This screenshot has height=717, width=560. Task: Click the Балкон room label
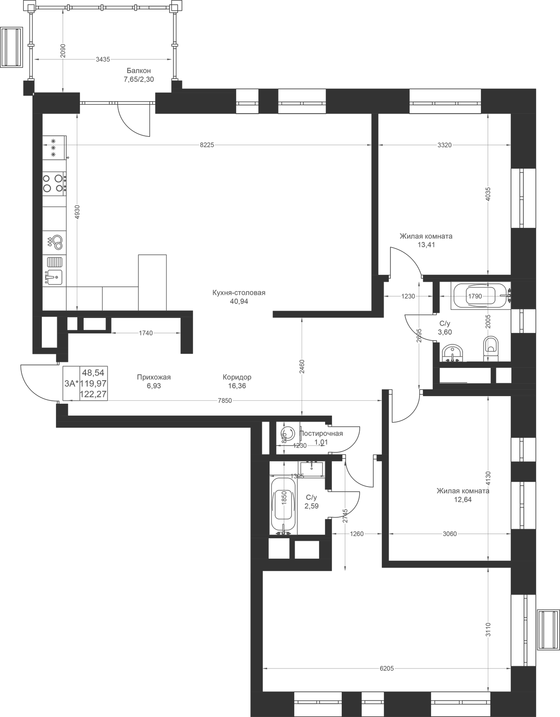point(139,71)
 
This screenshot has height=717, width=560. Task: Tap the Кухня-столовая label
point(239,293)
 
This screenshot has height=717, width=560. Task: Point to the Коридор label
point(237,377)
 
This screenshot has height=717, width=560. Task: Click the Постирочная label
point(321,434)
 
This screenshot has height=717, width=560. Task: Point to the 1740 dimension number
point(146,333)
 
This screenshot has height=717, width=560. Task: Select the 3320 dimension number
point(444,145)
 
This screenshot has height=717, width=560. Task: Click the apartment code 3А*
point(71,383)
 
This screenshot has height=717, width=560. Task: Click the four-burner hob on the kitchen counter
point(54,183)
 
